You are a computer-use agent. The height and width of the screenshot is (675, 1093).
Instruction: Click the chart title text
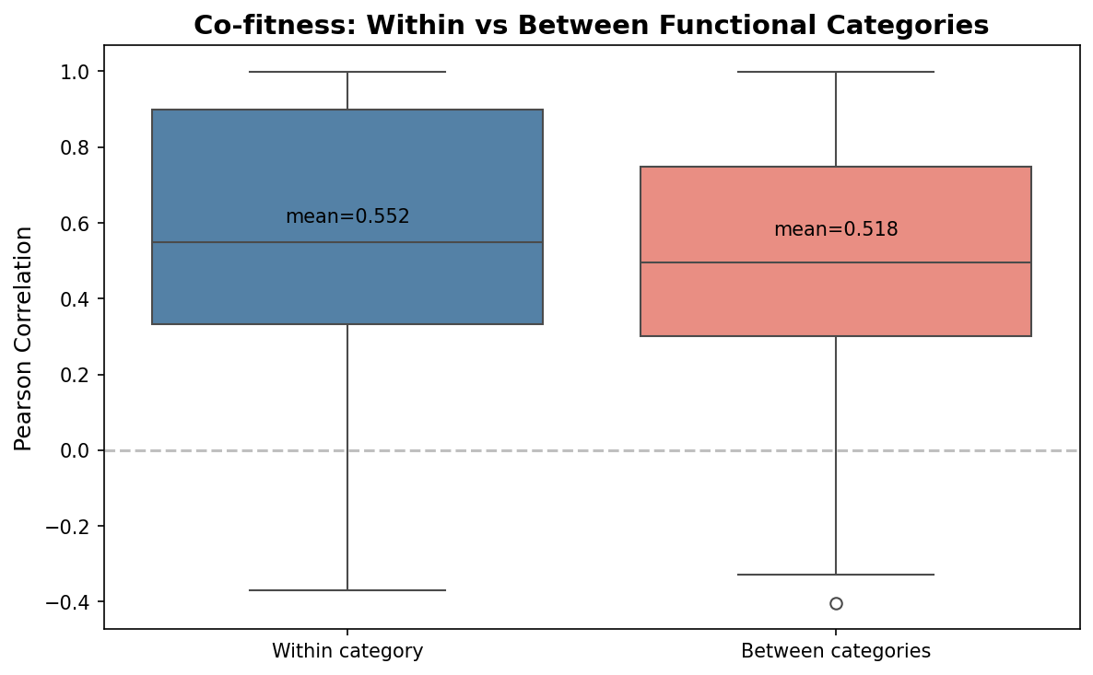coord(591,25)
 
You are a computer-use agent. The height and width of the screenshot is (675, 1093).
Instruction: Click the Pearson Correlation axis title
coord(24,338)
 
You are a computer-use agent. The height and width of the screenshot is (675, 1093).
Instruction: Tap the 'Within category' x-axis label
coord(347,651)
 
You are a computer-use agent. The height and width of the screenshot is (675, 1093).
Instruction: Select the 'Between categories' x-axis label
coord(835,651)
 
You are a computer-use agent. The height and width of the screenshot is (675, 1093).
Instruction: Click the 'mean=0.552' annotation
coord(347,216)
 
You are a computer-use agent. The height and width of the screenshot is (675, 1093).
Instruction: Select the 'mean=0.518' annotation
coord(835,229)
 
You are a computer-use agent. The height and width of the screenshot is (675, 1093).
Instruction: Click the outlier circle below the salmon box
coord(836,603)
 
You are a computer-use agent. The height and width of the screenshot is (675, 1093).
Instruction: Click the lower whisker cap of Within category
coord(347,590)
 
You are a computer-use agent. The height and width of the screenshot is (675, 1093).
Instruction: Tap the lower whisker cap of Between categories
coord(835,575)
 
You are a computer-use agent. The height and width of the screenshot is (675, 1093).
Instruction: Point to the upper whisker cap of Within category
coord(347,72)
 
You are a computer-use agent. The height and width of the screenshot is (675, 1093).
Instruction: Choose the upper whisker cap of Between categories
coord(835,72)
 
